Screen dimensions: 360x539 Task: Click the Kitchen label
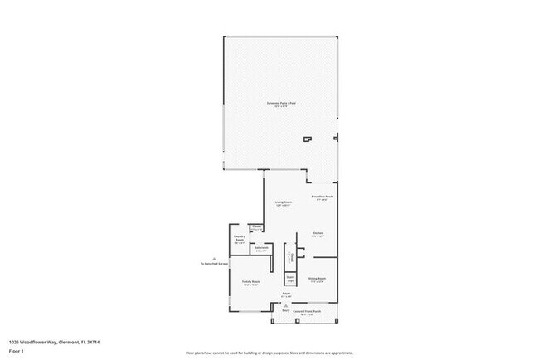pyautogui.click(x=317, y=235)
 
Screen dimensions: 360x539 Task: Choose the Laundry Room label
pyautogui.click(x=240, y=240)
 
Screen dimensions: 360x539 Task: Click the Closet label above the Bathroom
pyautogui.click(x=257, y=228)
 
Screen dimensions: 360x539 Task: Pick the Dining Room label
pyautogui.click(x=317, y=280)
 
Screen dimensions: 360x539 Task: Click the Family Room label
pyautogui.click(x=251, y=284)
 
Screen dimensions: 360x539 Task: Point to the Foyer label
pyautogui.click(x=285, y=294)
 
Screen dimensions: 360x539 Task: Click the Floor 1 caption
pyautogui.click(x=17, y=349)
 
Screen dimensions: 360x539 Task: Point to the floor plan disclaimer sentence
pyautogui.click(x=270, y=352)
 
